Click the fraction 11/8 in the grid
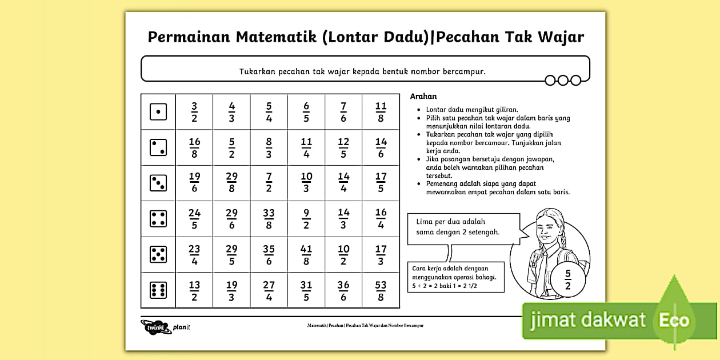(x=381, y=112)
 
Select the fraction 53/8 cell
(x=381, y=290)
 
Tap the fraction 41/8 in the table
(x=306, y=255)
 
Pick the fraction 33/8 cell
(x=269, y=219)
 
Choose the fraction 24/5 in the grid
(x=194, y=219)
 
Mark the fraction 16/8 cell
(x=194, y=147)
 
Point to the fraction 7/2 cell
(x=269, y=183)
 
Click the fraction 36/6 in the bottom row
(x=343, y=290)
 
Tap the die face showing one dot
(x=158, y=112)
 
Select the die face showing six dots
(x=158, y=290)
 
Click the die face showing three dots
(x=158, y=183)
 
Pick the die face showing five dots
(x=158, y=255)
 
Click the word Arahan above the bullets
(x=423, y=97)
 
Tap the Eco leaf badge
(x=674, y=320)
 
